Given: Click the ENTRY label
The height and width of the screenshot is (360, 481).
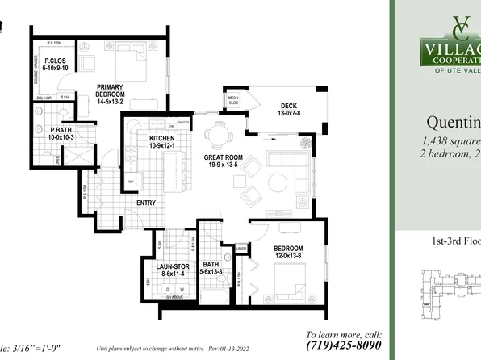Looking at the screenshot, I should coord(146,203).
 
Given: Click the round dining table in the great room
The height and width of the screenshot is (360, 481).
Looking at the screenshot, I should coord(216,134).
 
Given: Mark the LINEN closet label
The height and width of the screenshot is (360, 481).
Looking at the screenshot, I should coord(241,248).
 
